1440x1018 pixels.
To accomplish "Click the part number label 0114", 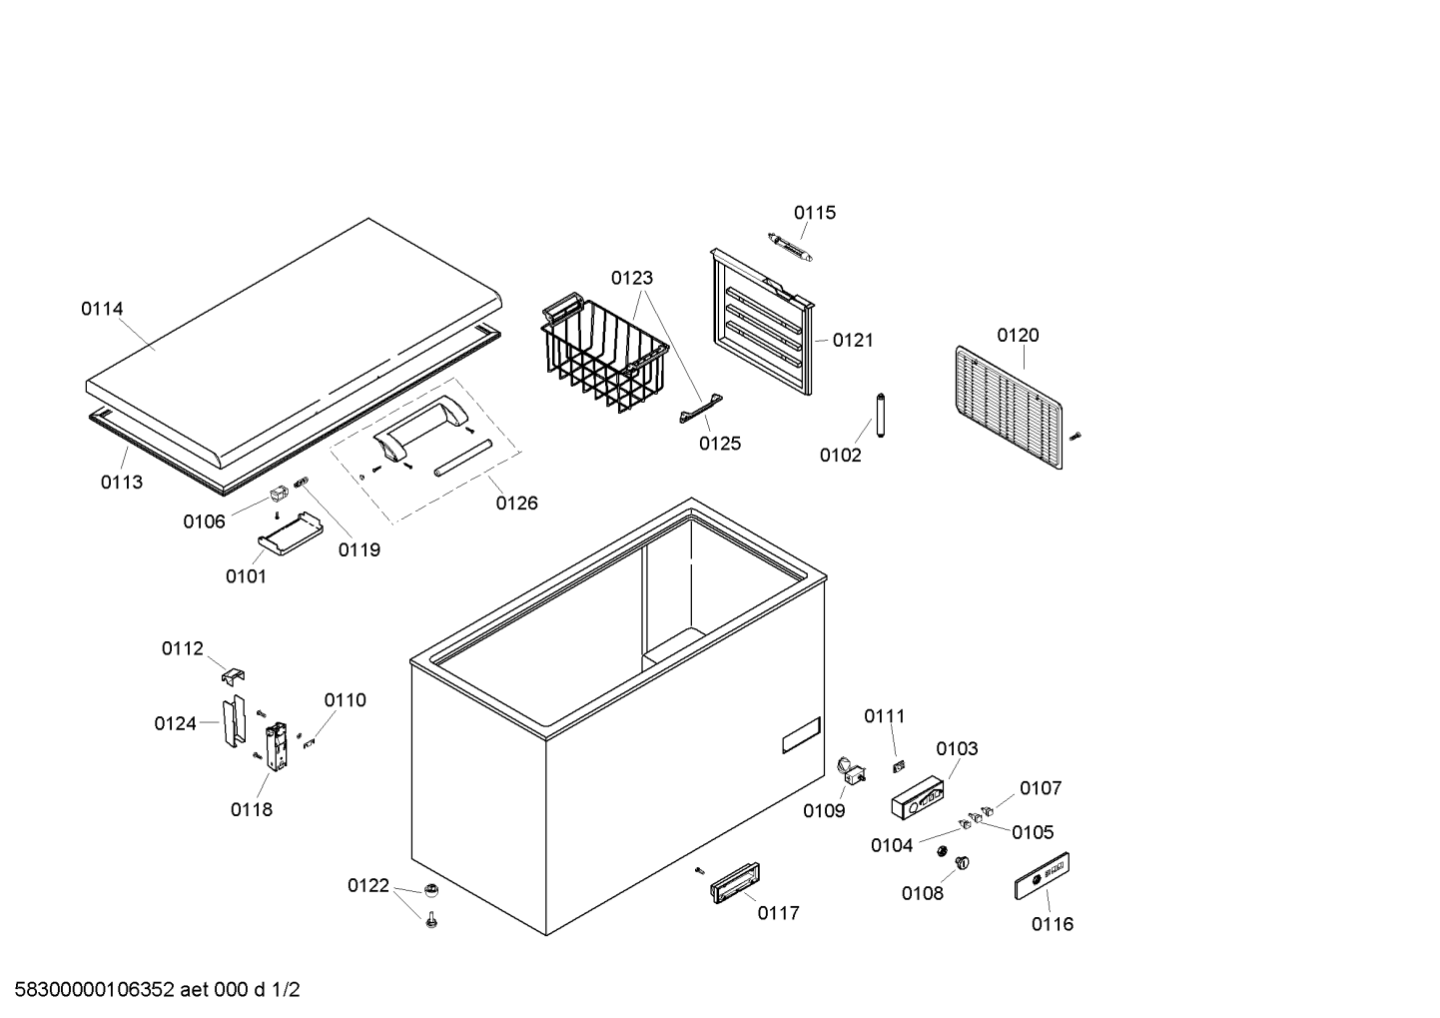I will [x=102, y=309].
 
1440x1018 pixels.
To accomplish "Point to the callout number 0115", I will [x=815, y=213].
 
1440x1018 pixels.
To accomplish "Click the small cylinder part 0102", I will [x=881, y=415].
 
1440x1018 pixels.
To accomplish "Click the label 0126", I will [x=516, y=503].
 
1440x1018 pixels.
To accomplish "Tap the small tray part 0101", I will [x=290, y=531].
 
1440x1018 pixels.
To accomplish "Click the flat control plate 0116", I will [x=1042, y=876].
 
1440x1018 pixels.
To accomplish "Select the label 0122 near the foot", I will [x=367, y=885].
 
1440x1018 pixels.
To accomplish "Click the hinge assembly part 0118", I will [x=277, y=744].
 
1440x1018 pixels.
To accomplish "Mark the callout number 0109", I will [x=824, y=811].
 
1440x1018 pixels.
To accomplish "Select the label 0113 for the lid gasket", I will [x=121, y=482].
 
